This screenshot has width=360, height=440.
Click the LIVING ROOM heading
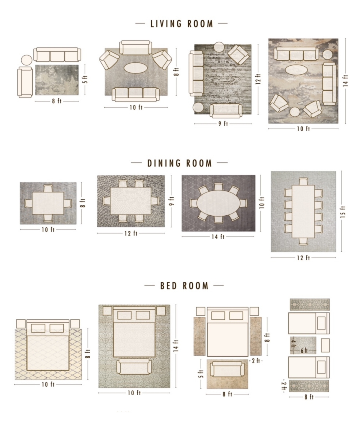coord(181,24)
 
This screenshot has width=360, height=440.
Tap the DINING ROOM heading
coord(179,163)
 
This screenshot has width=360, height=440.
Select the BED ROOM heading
coord(184,286)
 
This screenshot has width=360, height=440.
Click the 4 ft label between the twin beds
coord(293,343)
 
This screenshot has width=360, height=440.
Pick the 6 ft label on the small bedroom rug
coord(304,350)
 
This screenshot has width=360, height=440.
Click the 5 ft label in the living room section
coord(85,79)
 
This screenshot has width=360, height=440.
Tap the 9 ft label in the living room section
coord(223,124)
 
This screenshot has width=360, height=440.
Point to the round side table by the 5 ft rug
coord(26,60)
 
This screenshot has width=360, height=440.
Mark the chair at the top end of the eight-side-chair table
coord(303,182)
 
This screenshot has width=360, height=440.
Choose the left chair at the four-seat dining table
coord(28,203)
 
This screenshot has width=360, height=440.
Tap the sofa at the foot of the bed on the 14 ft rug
coord(134,367)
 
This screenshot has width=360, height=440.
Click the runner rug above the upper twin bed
coord(309,304)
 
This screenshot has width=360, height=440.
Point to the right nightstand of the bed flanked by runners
coord(254,311)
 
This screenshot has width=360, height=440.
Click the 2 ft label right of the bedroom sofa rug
coord(256,361)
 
